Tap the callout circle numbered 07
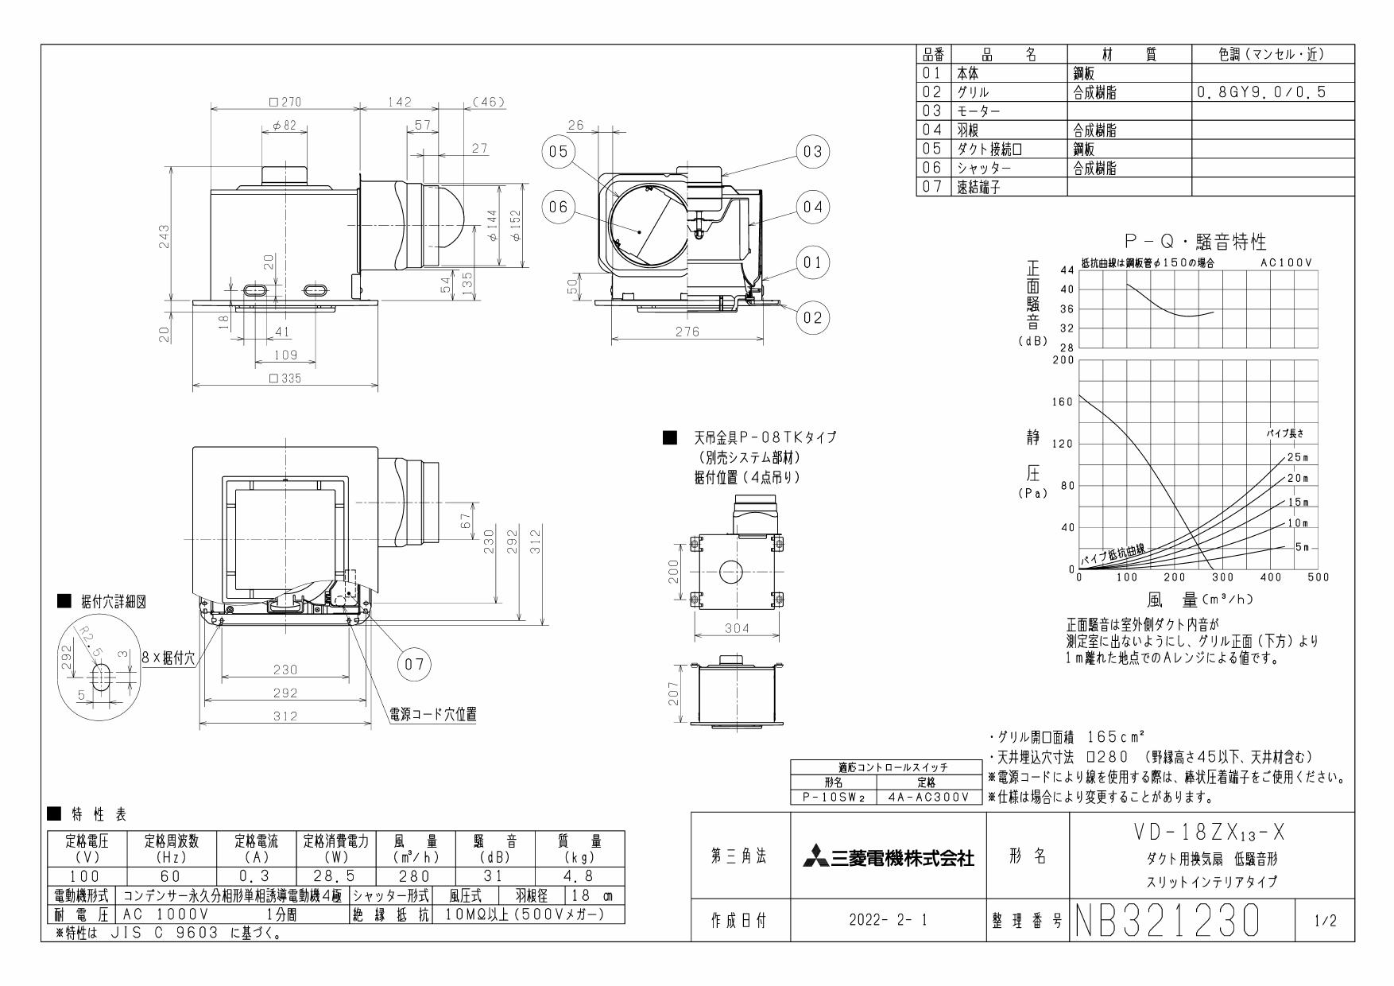(x=413, y=664)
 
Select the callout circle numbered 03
(x=811, y=151)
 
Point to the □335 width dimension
(x=285, y=378)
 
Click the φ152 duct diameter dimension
(x=517, y=227)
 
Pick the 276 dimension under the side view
(x=687, y=332)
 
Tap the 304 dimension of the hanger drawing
(x=737, y=628)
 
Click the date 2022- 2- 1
(x=888, y=921)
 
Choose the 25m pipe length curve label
(x=1296, y=457)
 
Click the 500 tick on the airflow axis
(x=1318, y=577)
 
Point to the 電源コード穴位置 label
(x=432, y=713)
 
